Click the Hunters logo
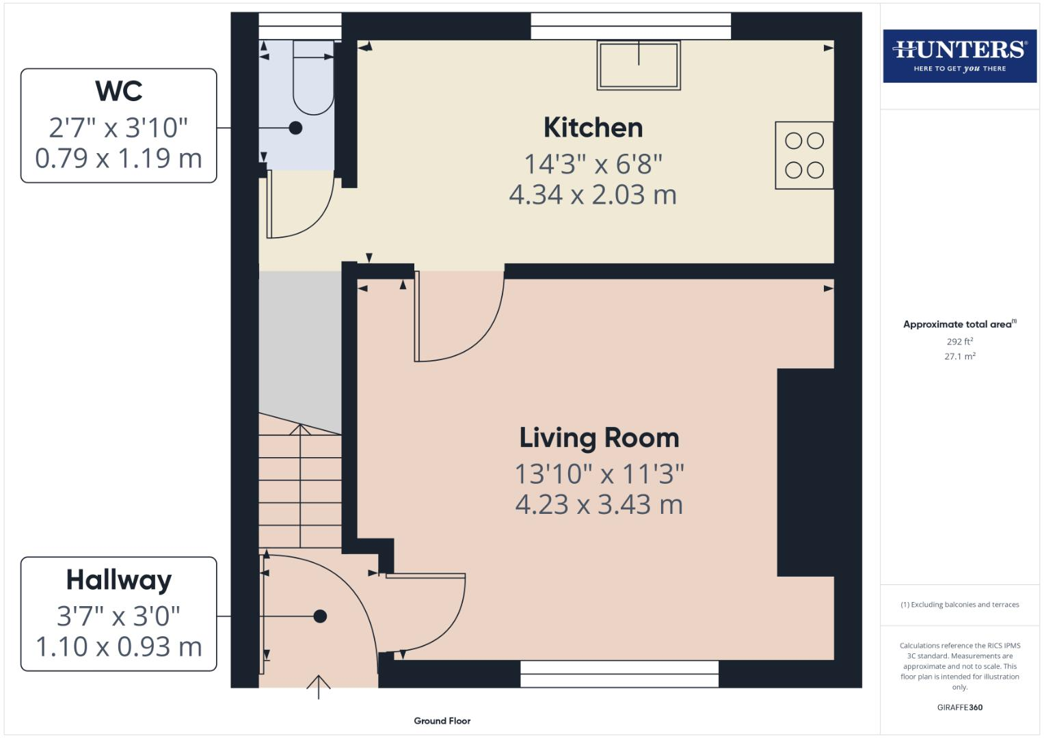click(959, 55)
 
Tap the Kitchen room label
click(593, 128)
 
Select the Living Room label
click(599, 438)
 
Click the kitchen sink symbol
click(639, 65)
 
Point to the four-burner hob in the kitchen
click(804, 155)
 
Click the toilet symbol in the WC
click(313, 77)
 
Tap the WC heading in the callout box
click(119, 91)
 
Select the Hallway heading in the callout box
click(119, 579)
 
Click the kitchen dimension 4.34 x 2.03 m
click(593, 195)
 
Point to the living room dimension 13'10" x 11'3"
click(599, 473)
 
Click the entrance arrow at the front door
click(318, 686)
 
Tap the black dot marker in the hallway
click(320, 616)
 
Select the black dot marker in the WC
click(295, 128)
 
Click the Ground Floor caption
click(442, 721)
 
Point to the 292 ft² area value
click(959, 342)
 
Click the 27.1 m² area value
click(959, 356)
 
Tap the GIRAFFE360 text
click(959, 707)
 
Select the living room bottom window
click(619, 674)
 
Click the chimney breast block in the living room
click(805, 472)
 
